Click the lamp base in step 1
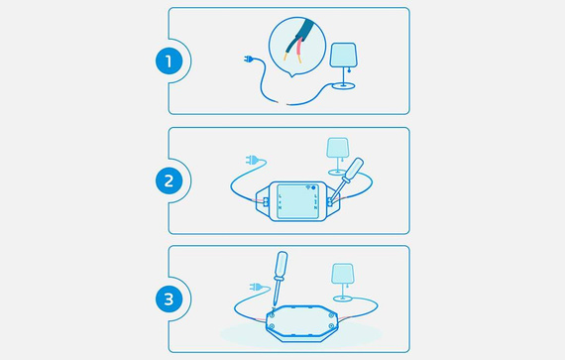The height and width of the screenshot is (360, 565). tap(344, 87)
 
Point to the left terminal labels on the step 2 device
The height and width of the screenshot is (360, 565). tap(280, 203)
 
